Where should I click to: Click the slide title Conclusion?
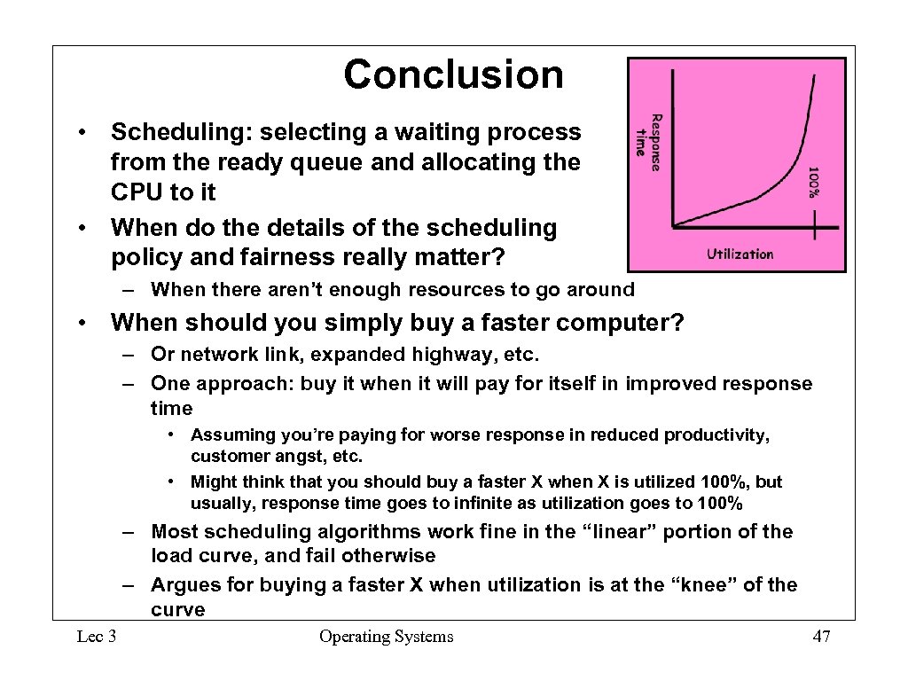click(x=453, y=74)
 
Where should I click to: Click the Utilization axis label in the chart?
click(x=740, y=254)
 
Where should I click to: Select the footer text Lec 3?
click(x=98, y=637)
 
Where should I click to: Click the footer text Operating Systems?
click(x=386, y=637)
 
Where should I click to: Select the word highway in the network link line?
click(x=448, y=355)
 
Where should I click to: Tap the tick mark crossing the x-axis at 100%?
click(x=815, y=227)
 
